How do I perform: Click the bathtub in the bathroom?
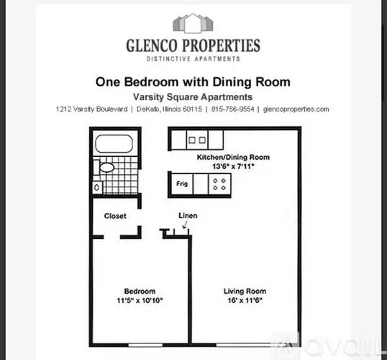[x=114, y=143]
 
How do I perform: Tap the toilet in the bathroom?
[x=104, y=167]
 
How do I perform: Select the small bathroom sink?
[x=96, y=187]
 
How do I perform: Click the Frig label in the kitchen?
[x=182, y=184]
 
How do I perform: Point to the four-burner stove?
[x=219, y=184]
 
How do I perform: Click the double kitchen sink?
[x=197, y=140]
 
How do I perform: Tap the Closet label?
[x=115, y=216]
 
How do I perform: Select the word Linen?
[x=188, y=215]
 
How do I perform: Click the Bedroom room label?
[x=140, y=291]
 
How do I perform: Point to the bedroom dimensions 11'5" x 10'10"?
[x=140, y=300]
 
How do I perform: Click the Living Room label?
[x=245, y=291]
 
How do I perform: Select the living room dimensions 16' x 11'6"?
[x=245, y=300]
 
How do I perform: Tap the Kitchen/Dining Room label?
[x=233, y=157]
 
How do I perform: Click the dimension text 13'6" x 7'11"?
[x=233, y=166]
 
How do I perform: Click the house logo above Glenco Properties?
[x=193, y=23]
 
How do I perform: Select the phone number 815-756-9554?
[x=232, y=109]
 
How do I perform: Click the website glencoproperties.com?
[x=296, y=109]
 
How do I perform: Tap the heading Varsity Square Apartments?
[x=193, y=97]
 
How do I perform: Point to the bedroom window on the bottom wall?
[x=145, y=345]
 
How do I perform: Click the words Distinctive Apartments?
[x=193, y=59]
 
